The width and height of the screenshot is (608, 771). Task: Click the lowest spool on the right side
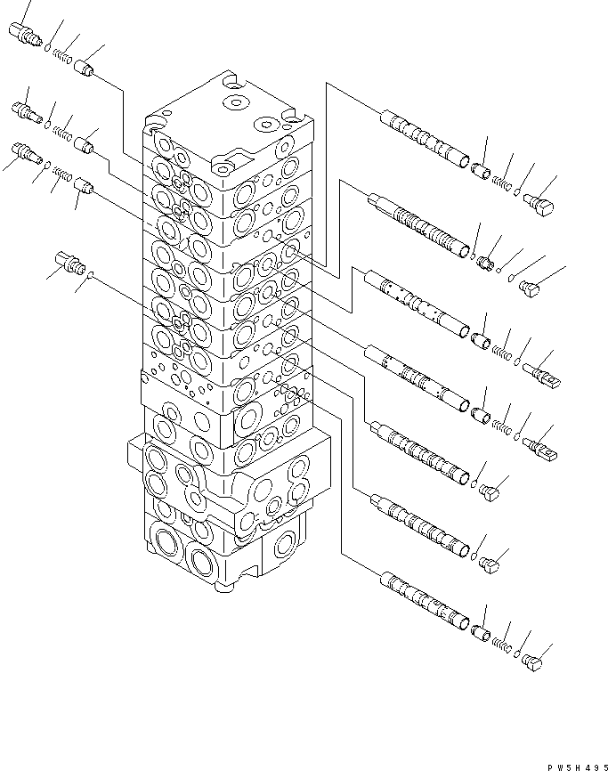point(424,603)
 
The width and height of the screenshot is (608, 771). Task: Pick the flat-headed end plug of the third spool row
point(542,374)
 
